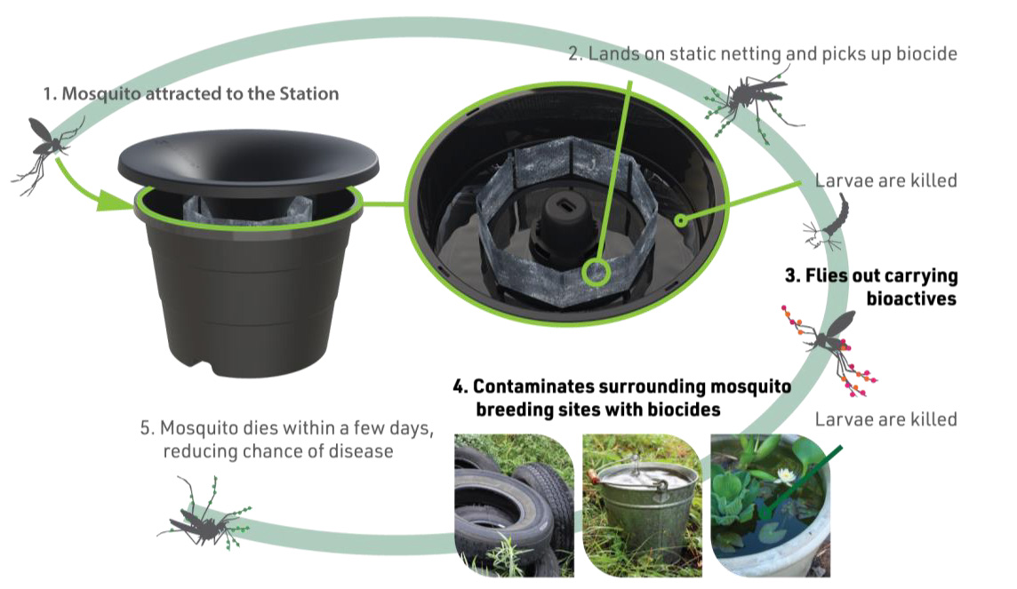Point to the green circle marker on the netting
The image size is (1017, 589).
tap(595, 272)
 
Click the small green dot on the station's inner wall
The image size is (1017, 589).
tap(680, 220)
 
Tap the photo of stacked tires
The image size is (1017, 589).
tap(514, 505)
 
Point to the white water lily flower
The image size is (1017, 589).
tap(787, 475)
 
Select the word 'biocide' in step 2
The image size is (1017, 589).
tap(926, 54)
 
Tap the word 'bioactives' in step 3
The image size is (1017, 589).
tap(911, 298)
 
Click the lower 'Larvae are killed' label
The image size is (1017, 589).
tap(886, 420)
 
